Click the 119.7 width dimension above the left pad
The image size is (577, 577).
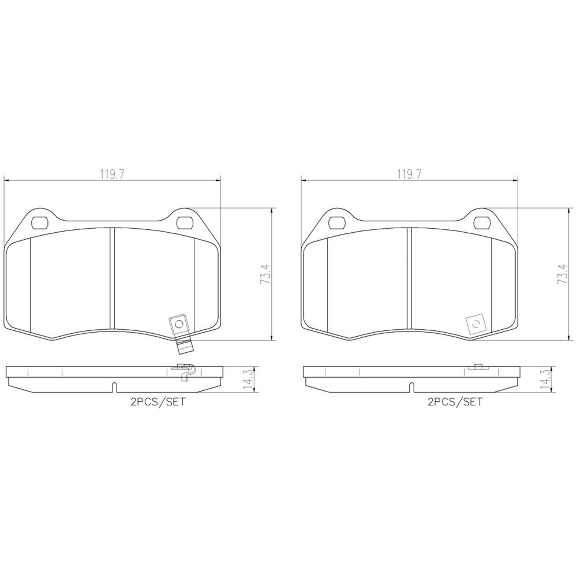(x=112, y=175)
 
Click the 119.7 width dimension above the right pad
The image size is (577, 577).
(x=409, y=175)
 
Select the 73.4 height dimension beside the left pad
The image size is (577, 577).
(x=265, y=274)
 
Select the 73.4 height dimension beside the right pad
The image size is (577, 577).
(x=563, y=274)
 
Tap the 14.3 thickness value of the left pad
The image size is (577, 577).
(x=248, y=379)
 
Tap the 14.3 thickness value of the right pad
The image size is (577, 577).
(x=545, y=379)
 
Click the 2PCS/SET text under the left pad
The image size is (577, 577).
(x=158, y=402)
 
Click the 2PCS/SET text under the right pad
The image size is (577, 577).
(x=455, y=402)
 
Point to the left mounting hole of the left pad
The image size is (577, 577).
(x=40, y=223)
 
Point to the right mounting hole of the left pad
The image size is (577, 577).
(x=185, y=223)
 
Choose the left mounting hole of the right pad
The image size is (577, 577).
(x=338, y=223)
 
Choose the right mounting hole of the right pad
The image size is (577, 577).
(x=482, y=223)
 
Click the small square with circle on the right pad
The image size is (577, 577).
(x=476, y=323)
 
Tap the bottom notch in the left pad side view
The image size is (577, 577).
(x=114, y=387)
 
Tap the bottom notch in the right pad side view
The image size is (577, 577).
(x=411, y=387)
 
